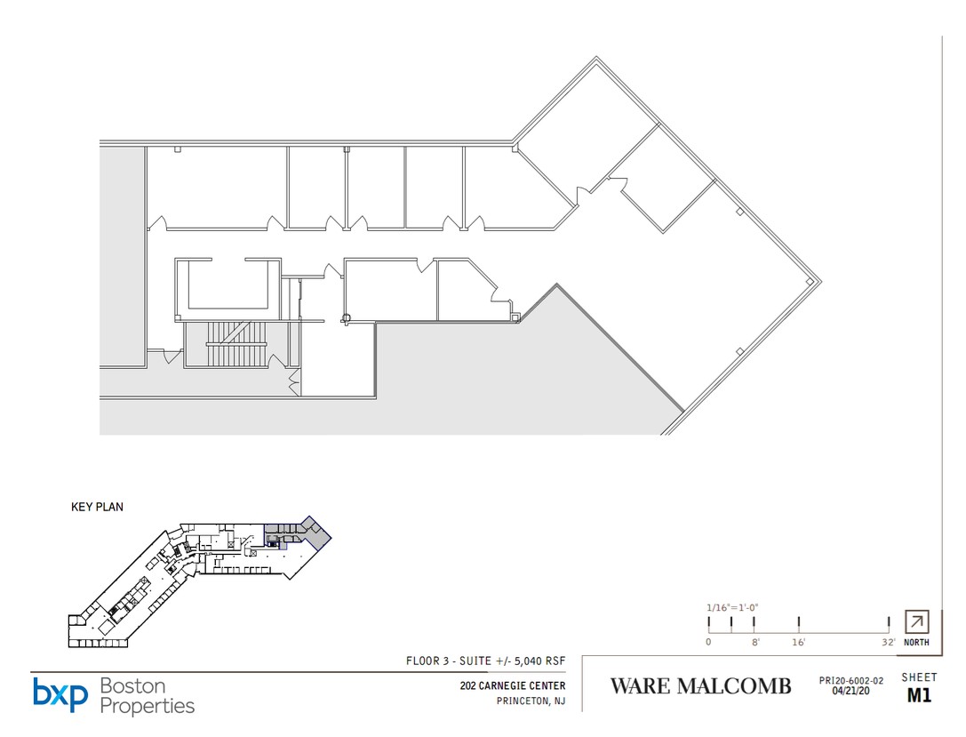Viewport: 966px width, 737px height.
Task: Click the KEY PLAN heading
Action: pyautogui.click(x=98, y=507)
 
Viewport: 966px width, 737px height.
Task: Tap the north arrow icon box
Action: pyautogui.click(x=916, y=621)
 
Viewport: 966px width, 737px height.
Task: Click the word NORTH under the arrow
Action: pyautogui.click(x=916, y=642)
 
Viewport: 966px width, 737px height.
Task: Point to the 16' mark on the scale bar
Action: pyautogui.click(x=798, y=623)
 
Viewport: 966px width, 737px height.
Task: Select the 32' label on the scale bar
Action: pyautogui.click(x=888, y=642)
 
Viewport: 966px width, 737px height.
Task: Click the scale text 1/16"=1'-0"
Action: pyautogui.click(x=732, y=607)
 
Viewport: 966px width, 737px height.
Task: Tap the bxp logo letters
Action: pyautogui.click(x=60, y=694)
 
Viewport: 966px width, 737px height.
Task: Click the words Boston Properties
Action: pyautogui.click(x=147, y=696)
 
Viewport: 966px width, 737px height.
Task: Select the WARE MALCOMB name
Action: pyautogui.click(x=700, y=685)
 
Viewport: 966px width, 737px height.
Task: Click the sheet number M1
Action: pyautogui.click(x=919, y=695)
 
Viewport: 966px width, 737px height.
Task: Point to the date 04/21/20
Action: pyautogui.click(x=850, y=691)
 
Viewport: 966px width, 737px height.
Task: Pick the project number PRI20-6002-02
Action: pyautogui.click(x=850, y=681)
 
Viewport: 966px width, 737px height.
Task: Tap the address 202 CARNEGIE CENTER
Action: pyautogui.click(x=513, y=685)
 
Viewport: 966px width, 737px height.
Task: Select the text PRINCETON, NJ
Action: pyautogui.click(x=531, y=701)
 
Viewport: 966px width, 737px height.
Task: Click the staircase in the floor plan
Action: pyautogui.click(x=237, y=343)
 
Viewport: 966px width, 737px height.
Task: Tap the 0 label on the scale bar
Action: pyautogui.click(x=708, y=642)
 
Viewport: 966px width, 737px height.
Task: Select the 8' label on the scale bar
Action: pyautogui.click(x=755, y=642)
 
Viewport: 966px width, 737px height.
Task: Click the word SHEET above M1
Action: pyautogui.click(x=919, y=677)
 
